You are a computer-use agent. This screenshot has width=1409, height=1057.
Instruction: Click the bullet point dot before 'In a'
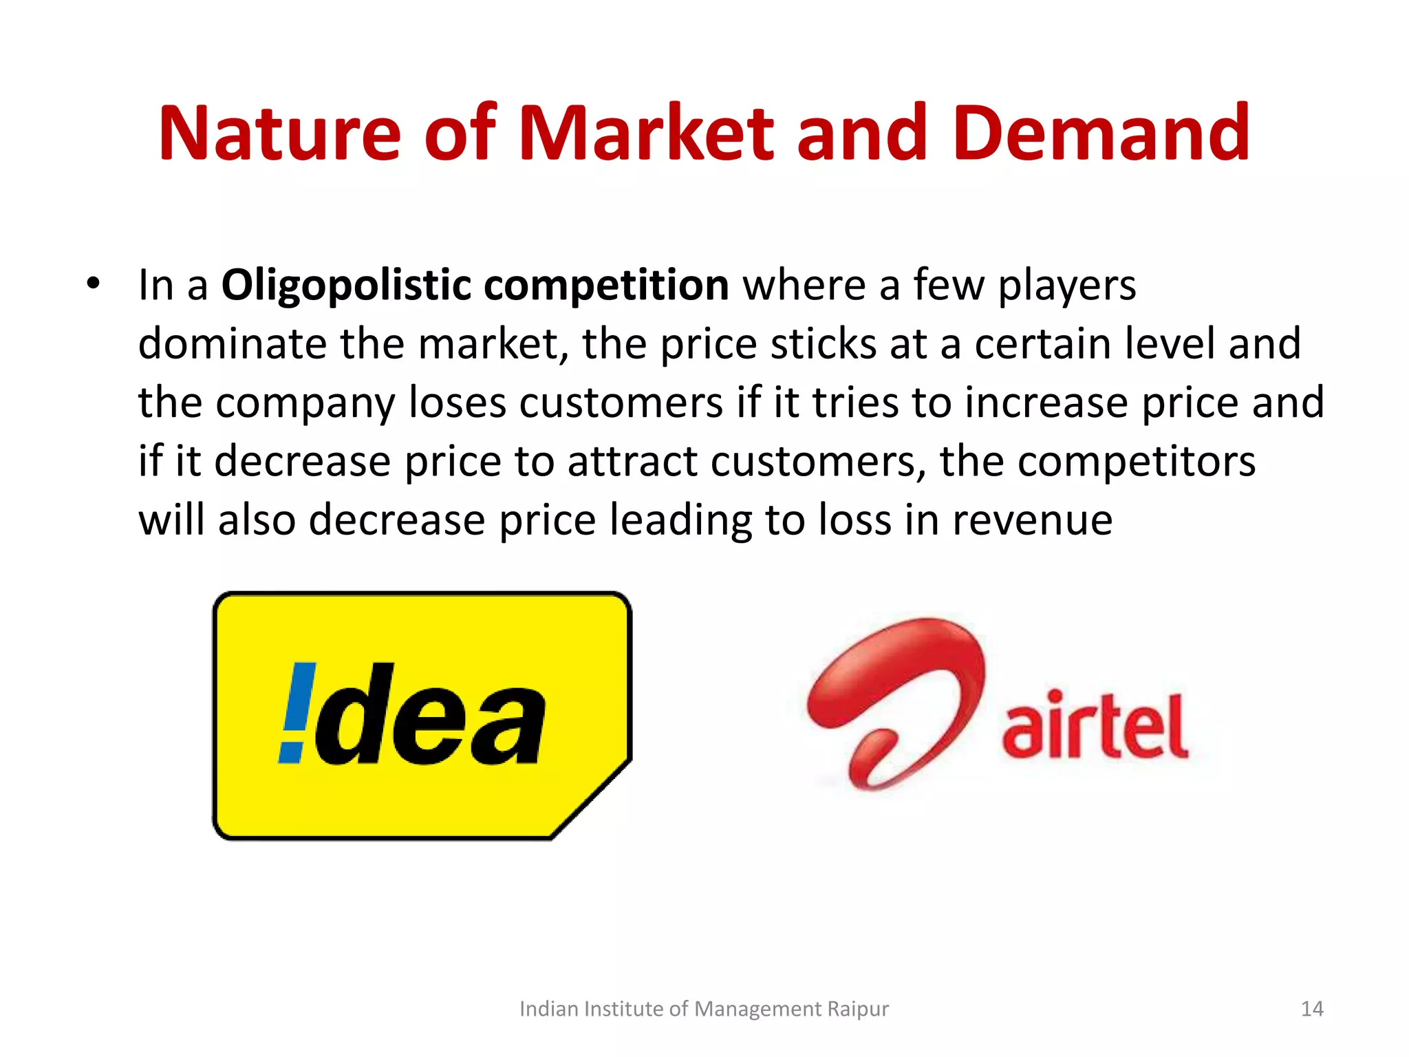[x=94, y=283]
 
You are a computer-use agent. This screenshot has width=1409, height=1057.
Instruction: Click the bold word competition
[x=605, y=285]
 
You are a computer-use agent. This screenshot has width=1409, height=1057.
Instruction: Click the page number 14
[x=1312, y=1009]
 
